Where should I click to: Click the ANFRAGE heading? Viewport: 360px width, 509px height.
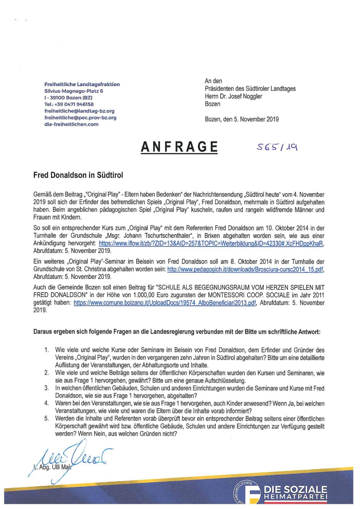pos(179,147)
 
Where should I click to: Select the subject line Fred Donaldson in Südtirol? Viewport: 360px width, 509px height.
pos(78,175)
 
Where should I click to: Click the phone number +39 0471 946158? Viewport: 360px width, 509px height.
pos(69,104)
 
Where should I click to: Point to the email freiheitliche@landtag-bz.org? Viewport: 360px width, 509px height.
pos(79,111)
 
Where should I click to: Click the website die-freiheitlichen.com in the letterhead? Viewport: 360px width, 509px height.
pos(71,124)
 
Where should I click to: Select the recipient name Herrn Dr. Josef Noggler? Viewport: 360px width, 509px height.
pos(233,96)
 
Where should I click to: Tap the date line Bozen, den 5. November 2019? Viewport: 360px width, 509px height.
pos(242,119)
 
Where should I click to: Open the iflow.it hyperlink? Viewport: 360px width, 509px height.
pos(211,243)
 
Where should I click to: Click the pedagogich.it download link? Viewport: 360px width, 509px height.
pos(245,269)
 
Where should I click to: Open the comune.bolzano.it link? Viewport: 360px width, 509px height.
pos(164,303)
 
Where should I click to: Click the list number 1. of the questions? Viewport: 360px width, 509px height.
pos(47,350)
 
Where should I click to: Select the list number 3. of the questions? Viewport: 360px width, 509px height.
pos(47,388)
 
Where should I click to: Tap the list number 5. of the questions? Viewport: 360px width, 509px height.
pos(47,419)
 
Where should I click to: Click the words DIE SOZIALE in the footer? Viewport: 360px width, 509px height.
pos(295,489)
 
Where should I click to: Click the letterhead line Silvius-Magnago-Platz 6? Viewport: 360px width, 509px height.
pos(74,91)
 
